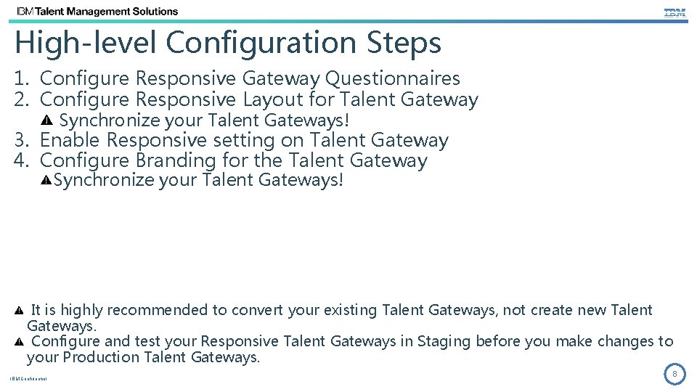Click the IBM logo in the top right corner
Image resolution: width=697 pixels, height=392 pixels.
point(674,12)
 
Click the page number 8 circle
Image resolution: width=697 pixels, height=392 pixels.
point(674,375)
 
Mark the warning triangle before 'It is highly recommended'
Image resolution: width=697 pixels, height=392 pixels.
point(20,311)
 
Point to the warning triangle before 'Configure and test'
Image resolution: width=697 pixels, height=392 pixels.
point(20,341)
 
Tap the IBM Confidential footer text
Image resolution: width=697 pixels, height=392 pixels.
point(28,379)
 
